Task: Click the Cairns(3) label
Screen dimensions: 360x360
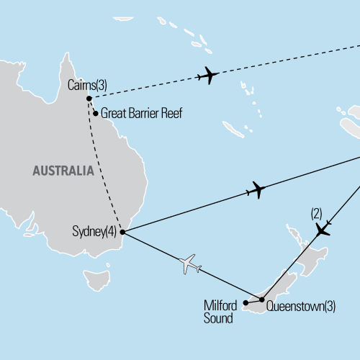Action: (x=87, y=85)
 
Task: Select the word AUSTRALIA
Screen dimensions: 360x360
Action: (x=63, y=171)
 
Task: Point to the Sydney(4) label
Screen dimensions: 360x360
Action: (x=95, y=232)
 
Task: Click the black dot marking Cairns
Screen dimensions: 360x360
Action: (x=89, y=99)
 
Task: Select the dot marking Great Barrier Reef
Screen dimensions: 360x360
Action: (x=95, y=113)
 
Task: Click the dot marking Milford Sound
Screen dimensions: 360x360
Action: (x=246, y=303)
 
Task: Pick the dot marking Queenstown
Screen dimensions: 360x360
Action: (x=261, y=299)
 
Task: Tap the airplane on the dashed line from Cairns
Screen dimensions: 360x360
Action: (x=207, y=75)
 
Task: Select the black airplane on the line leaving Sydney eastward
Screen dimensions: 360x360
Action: (x=256, y=191)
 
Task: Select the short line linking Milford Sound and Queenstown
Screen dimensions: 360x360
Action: (x=254, y=301)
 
